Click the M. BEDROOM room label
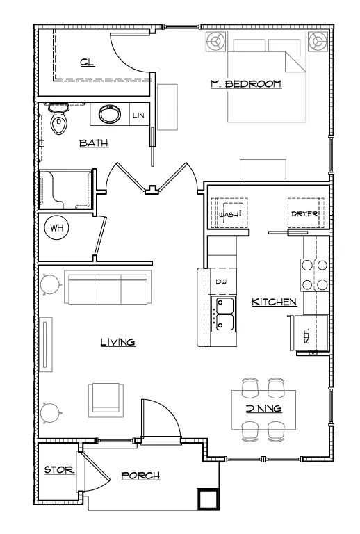[x=246, y=83]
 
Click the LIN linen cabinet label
[x=138, y=115]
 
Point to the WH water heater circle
[x=56, y=227]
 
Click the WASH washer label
[x=229, y=215]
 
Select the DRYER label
[x=304, y=214]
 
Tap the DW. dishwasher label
[x=222, y=282]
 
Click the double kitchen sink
[x=223, y=314]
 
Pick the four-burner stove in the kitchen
[x=314, y=275]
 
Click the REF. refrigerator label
[x=306, y=336]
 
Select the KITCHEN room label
[x=274, y=302]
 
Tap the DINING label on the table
[x=263, y=408]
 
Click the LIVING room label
[x=117, y=342]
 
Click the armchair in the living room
[x=106, y=400]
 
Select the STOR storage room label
[x=59, y=470]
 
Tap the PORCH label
[x=141, y=476]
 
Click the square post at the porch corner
[x=207, y=499]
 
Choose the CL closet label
[x=88, y=63]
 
